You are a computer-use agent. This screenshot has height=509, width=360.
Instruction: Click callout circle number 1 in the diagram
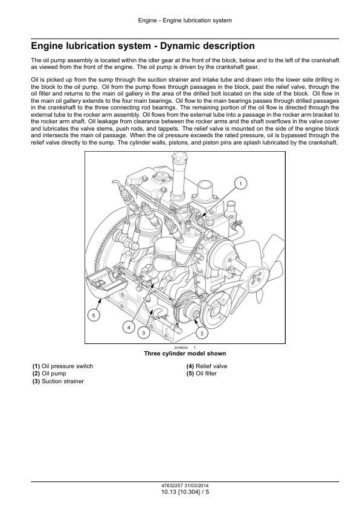[240, 184]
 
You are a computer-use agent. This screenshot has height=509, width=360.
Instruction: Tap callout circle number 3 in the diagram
[144, 332]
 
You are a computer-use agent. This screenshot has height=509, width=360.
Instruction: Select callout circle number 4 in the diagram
[129, 328]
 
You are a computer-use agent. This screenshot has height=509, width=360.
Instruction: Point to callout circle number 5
[94, 316]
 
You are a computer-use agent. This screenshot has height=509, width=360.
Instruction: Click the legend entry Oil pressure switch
[63, 366]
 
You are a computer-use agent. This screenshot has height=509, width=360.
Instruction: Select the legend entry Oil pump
[49, 374]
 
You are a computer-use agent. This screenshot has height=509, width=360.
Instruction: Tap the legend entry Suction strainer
[58, 381]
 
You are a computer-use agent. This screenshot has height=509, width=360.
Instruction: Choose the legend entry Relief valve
[207, 366]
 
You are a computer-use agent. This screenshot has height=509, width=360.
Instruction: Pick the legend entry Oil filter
[201, 374]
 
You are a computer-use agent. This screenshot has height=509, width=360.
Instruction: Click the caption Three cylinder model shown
[185, 354]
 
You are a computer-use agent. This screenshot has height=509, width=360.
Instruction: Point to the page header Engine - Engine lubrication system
[185, 21]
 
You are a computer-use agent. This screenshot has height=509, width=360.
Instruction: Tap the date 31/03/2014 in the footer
[197, 486]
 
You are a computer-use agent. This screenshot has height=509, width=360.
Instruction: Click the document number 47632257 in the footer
[172, 486]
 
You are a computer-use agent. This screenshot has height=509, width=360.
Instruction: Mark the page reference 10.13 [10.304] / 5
[185, 492]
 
